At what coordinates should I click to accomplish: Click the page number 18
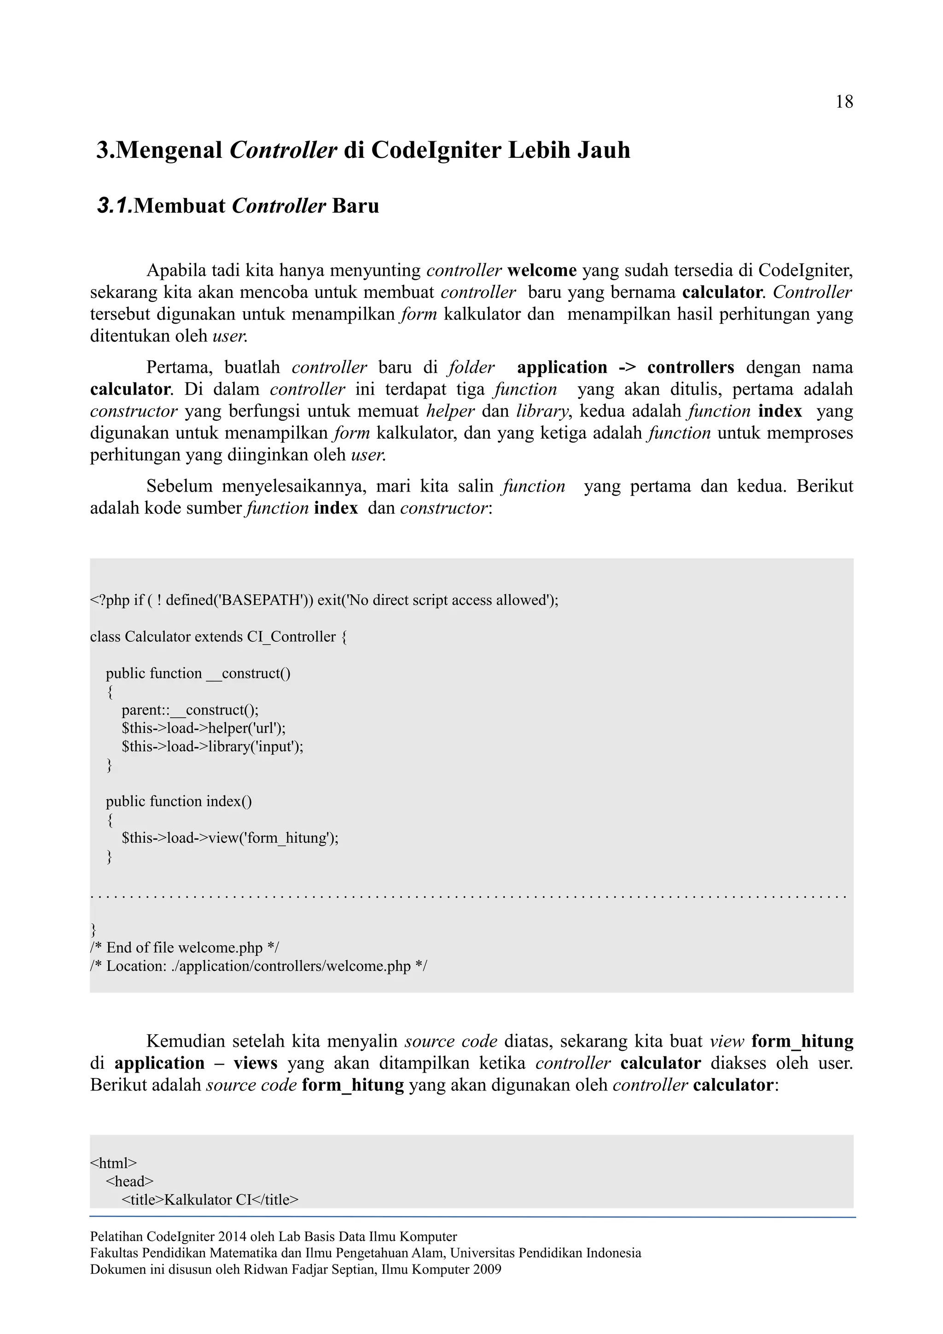(x=844, y=102)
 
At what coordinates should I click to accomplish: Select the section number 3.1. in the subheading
(x=115, y=206)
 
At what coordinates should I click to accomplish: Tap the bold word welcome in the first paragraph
(x=541, y=271)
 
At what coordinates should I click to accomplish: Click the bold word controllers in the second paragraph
(x=690, y=368)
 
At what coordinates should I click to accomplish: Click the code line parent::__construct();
(x=190, y=710)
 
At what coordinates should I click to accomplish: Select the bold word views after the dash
(x=255, y=1064)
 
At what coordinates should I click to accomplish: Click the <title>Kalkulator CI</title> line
(x=210, y=1200)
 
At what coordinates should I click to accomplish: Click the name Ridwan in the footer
(x=261, y=1270)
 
